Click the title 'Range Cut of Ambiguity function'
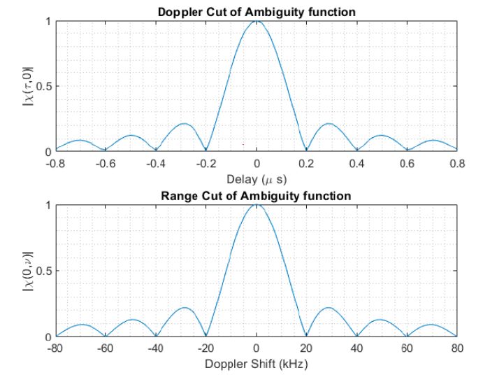[256, 195]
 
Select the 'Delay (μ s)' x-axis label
[256, 179]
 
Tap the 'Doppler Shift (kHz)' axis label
[256, 364]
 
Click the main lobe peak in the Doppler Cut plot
[257, 22]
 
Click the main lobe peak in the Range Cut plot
[257, 206]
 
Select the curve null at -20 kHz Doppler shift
[206, 335]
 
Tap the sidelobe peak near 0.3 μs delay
[328, 124]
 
